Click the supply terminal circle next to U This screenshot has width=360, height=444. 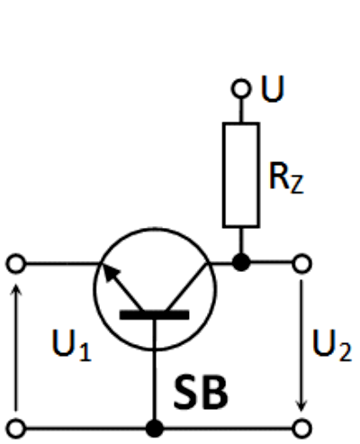coord(240,88)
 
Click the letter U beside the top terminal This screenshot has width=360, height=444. coord(273,89)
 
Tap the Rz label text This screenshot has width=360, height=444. coord(286,177)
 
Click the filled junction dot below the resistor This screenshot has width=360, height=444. coord(241,262)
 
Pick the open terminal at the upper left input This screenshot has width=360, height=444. coord(15,264)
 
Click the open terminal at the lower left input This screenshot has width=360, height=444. coord(15,428)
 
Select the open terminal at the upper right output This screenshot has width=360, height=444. coord(301,264)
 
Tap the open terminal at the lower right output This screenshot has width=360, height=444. coord(301,428)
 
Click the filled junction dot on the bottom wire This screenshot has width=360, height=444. coord(155,428)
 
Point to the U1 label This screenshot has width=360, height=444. coord(71,345)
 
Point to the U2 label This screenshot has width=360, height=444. coord(331,345)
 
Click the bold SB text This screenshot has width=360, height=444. coord(201,392)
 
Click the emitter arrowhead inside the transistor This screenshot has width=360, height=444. coord(111,273)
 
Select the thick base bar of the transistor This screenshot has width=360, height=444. coord(154,315)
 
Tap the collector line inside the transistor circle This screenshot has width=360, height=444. coord(187,286)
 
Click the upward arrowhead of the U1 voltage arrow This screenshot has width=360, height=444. coord(15,289)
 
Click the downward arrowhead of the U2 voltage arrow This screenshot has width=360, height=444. coord(301,404)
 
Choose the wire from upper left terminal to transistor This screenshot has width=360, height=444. coord(63,264)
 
